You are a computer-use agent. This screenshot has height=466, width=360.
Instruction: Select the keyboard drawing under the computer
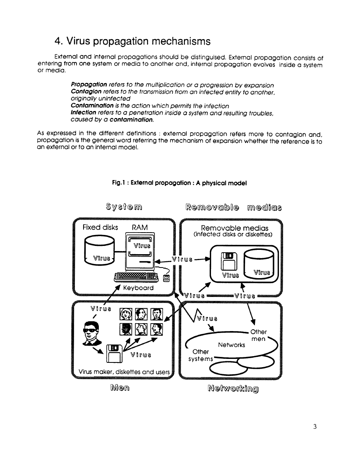click(x=135, y=277)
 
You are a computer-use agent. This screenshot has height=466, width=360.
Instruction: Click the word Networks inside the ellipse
click(x=231, y=345)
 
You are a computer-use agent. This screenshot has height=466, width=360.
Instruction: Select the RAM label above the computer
click(x=140, y=228)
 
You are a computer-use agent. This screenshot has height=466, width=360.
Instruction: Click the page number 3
click(x=315, y=427)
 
